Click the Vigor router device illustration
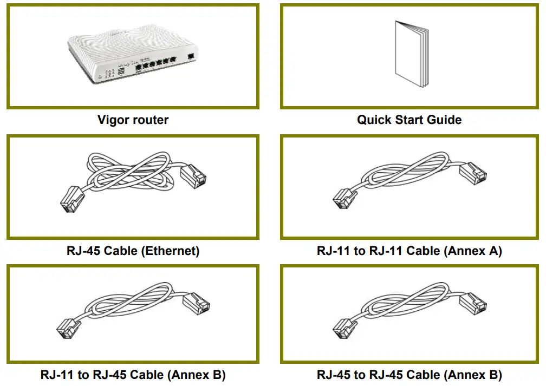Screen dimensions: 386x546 (133, 56)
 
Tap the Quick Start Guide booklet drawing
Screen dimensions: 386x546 (412, 55)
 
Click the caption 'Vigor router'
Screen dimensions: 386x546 (133, 120)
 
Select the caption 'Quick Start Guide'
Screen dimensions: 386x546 (409, 120)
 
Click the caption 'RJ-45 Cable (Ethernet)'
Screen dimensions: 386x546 (133, 251)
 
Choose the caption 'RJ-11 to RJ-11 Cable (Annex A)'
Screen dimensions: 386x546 (409, 251)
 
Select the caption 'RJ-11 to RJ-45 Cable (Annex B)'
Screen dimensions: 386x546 (133, 375)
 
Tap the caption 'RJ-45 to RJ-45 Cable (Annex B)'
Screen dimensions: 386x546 (409, 375)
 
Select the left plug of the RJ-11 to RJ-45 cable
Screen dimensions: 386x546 (68, 327)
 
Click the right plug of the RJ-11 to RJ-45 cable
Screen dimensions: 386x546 (196, 304)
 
